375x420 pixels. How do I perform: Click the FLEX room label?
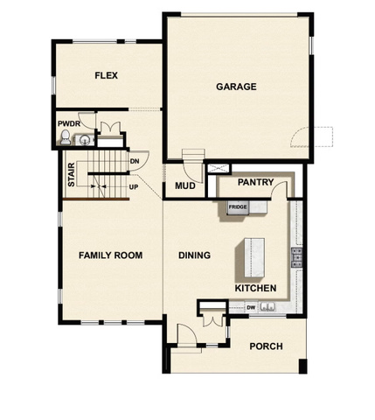tap(106, 76)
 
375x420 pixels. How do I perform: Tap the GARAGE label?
tap(236, 87)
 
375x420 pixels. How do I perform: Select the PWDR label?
tap(68, 124)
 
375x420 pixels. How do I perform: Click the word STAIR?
tap(71, 176)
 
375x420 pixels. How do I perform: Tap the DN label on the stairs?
tap(135, 162)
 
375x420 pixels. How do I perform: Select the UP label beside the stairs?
tap(134, 186)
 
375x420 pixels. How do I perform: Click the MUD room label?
tap(184, 186)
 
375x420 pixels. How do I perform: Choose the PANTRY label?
tap(256, 184)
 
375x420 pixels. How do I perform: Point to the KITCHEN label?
tap(255, 288)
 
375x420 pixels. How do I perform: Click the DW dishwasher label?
tap(251, 307)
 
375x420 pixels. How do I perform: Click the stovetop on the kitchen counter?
tap(296, 255)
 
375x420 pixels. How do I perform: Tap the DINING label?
tap(194, 255)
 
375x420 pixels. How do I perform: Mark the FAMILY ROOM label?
tap(110, 255)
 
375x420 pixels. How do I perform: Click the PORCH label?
tap(266, 346)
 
